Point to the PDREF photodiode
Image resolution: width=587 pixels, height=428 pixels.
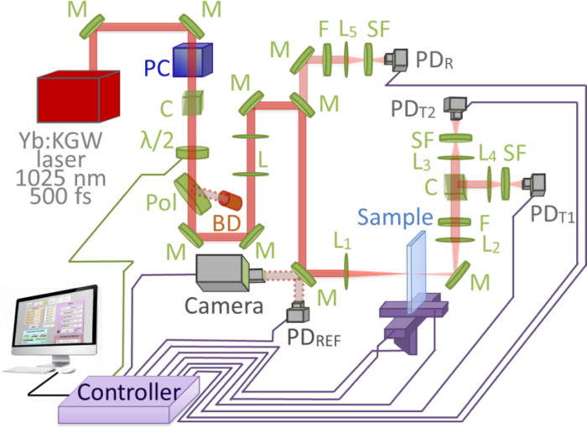pos(296,313)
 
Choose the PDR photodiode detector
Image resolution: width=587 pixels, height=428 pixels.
pos(395,60)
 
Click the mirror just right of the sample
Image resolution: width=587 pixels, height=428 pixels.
pos(460,272)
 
